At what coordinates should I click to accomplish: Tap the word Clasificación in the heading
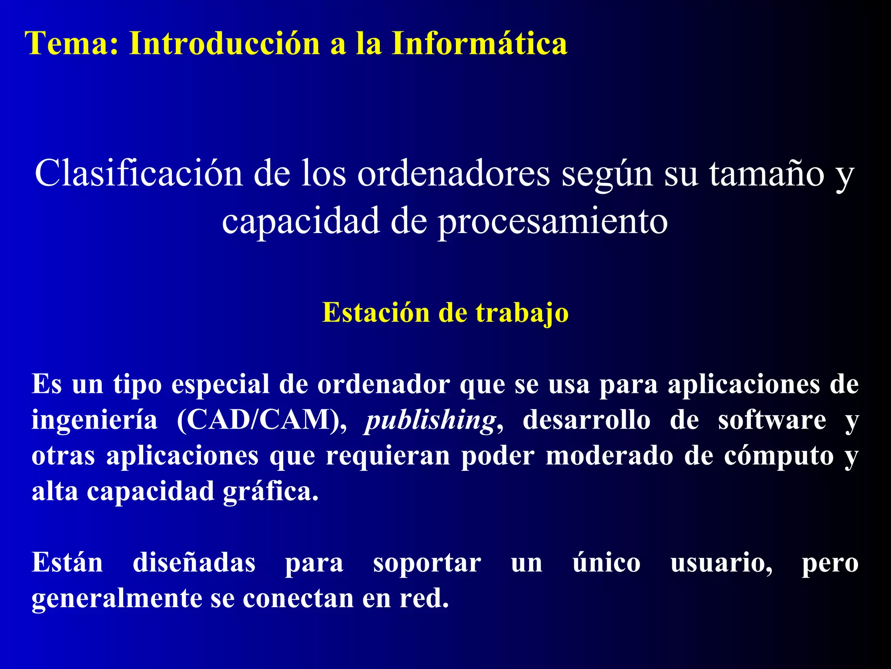pyautogui.click(x=138, y=173)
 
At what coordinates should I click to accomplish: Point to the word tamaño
pyautogui.click(x=767, y=173)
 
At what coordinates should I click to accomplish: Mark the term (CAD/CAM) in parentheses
pyautogui.click(x=261, y=420)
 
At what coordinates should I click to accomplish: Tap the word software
pyautogui.click(x=772, y=420)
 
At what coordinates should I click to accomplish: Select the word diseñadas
pyautogui.click(x=194, y=563)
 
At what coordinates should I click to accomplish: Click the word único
pyautogui.click(x=606, y=563)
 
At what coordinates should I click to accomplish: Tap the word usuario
pyautogui.click(x=721, y=563)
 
